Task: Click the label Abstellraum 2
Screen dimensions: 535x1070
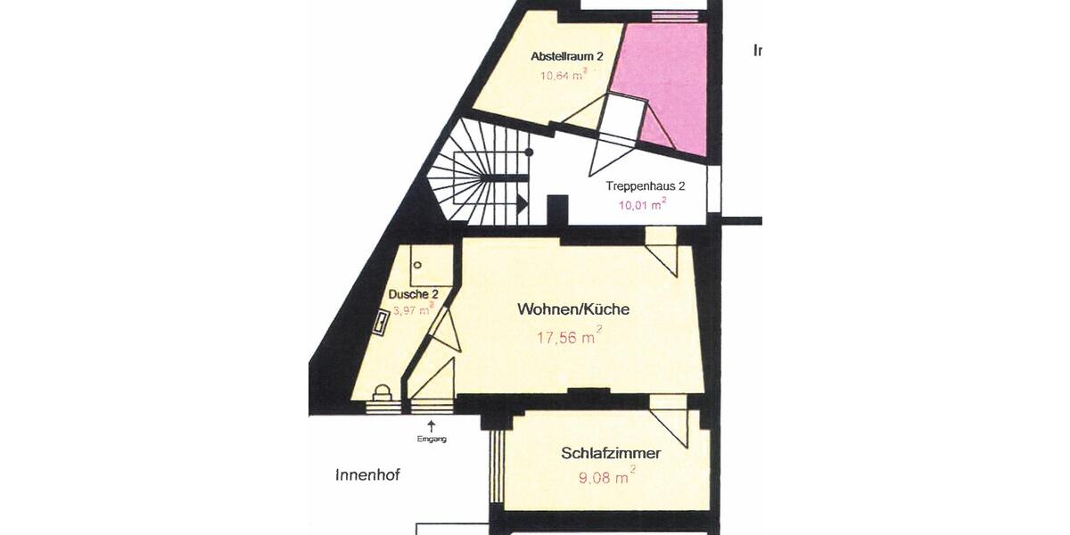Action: [x=567, y=56]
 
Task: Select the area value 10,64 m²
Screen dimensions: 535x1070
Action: [x=563, y=75]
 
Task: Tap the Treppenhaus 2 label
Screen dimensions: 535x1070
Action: [x=646, y=186]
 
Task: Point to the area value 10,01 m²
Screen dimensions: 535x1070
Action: [x=643, y=204]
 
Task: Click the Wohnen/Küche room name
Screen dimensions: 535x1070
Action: [x=573, y=309]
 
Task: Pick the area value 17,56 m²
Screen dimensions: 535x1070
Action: [x=568, y=337]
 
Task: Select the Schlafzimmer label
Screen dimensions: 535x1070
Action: [x=611, y=453]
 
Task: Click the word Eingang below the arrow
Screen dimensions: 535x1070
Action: [x=432, y=439]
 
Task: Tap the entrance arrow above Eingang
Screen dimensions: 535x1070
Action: [x=432, y=425]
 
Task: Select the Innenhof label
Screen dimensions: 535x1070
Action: [x=367, y=475]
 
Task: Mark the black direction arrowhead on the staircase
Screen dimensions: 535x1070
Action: [x=522, y=206]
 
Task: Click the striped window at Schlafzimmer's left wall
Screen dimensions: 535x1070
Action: [x=498, y=467]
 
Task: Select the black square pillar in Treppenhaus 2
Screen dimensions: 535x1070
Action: [x=557, y=210]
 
